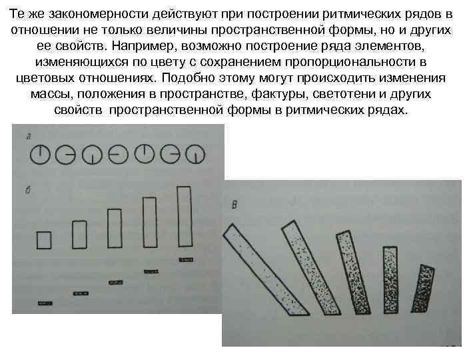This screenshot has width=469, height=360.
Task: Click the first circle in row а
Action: coord(31,155)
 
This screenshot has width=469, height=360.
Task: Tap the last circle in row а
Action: coord(185,154)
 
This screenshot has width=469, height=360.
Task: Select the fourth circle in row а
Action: coord(109,155)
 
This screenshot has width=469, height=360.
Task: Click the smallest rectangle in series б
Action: coord(37,240)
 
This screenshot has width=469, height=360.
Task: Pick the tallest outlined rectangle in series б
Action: coord(179,217)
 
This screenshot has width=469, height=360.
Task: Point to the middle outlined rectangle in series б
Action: coord(108,229)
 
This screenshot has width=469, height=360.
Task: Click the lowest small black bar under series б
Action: coord(45,303)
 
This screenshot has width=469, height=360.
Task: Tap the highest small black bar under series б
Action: coord(186,260)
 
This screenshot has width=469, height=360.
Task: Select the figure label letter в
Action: coord(234,205)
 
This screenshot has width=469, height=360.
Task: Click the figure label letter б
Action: coord(29,190)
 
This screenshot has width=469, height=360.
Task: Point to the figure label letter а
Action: coord(29,137)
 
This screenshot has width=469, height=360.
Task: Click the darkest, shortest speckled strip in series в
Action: coord(423,288)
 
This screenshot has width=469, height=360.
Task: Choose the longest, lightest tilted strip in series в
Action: coord(266,270)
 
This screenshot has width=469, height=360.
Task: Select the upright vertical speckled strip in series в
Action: coord(390,280)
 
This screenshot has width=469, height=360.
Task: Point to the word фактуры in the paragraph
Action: coord(279,94)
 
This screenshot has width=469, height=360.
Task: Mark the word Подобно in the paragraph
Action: coord(188,78)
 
